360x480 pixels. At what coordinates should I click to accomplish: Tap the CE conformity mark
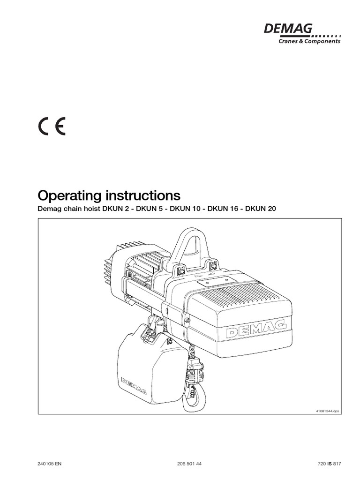(52, 126)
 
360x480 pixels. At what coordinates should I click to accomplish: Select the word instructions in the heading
(143, 195)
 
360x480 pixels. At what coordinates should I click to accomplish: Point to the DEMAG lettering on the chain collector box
(134, 385)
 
